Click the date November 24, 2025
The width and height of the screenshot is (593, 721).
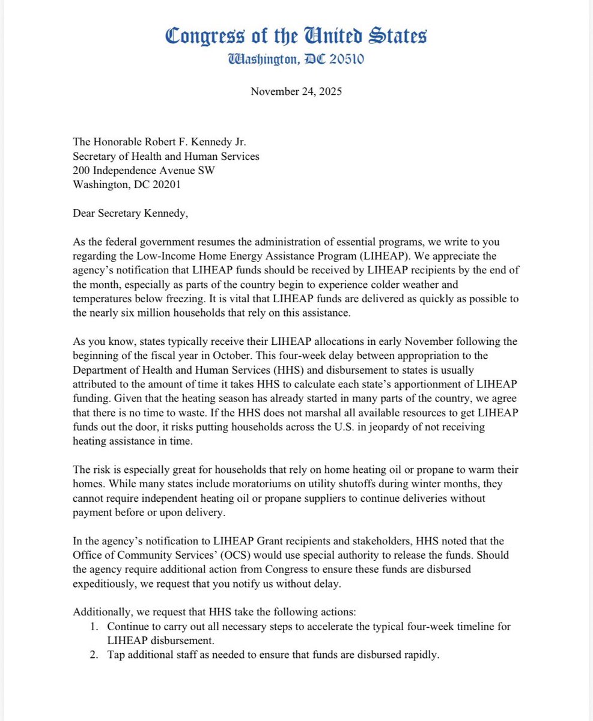point(296,92)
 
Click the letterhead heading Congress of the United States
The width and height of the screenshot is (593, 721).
point(296,37)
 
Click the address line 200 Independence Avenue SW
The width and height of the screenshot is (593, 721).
point(144,170)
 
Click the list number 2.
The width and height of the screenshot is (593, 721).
point(96,655)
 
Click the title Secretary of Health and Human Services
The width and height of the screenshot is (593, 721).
point(166,157)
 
